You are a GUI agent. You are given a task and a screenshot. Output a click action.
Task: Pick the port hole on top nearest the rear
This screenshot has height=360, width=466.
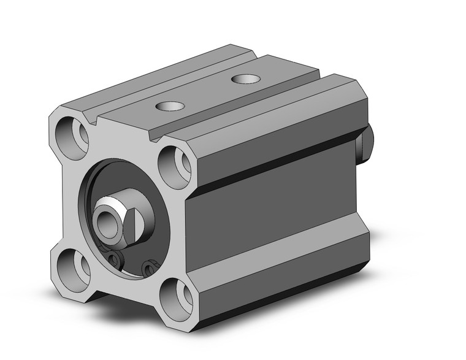(244, 79)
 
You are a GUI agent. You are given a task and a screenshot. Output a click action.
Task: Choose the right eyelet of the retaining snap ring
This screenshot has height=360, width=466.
(147, 267)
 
